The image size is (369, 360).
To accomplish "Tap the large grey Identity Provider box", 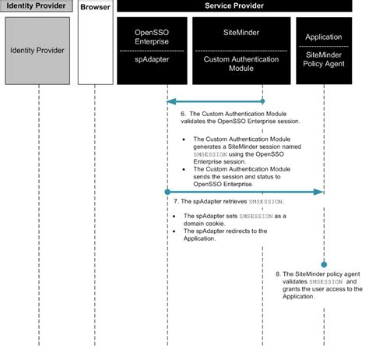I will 37,51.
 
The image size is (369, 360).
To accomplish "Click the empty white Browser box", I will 94,51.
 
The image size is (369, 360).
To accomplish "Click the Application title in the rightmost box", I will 323,36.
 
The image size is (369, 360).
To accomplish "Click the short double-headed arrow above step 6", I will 216,101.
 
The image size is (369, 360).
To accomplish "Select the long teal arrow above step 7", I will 245,191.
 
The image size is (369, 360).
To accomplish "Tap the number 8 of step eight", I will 279,275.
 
